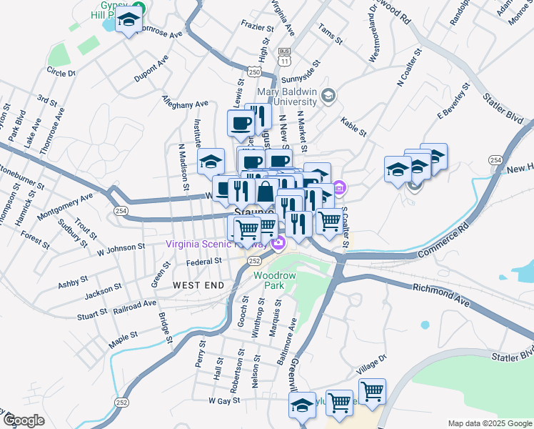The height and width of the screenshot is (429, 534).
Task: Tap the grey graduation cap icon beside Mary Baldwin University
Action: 328,95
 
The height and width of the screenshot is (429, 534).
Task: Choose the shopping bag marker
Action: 266,191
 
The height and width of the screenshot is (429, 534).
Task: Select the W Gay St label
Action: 226,401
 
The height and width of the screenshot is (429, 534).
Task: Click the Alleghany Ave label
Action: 185,104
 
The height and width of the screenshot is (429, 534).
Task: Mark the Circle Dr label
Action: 61,71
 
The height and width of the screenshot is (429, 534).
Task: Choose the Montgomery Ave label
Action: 65,205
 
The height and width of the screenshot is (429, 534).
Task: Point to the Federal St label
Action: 204,262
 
